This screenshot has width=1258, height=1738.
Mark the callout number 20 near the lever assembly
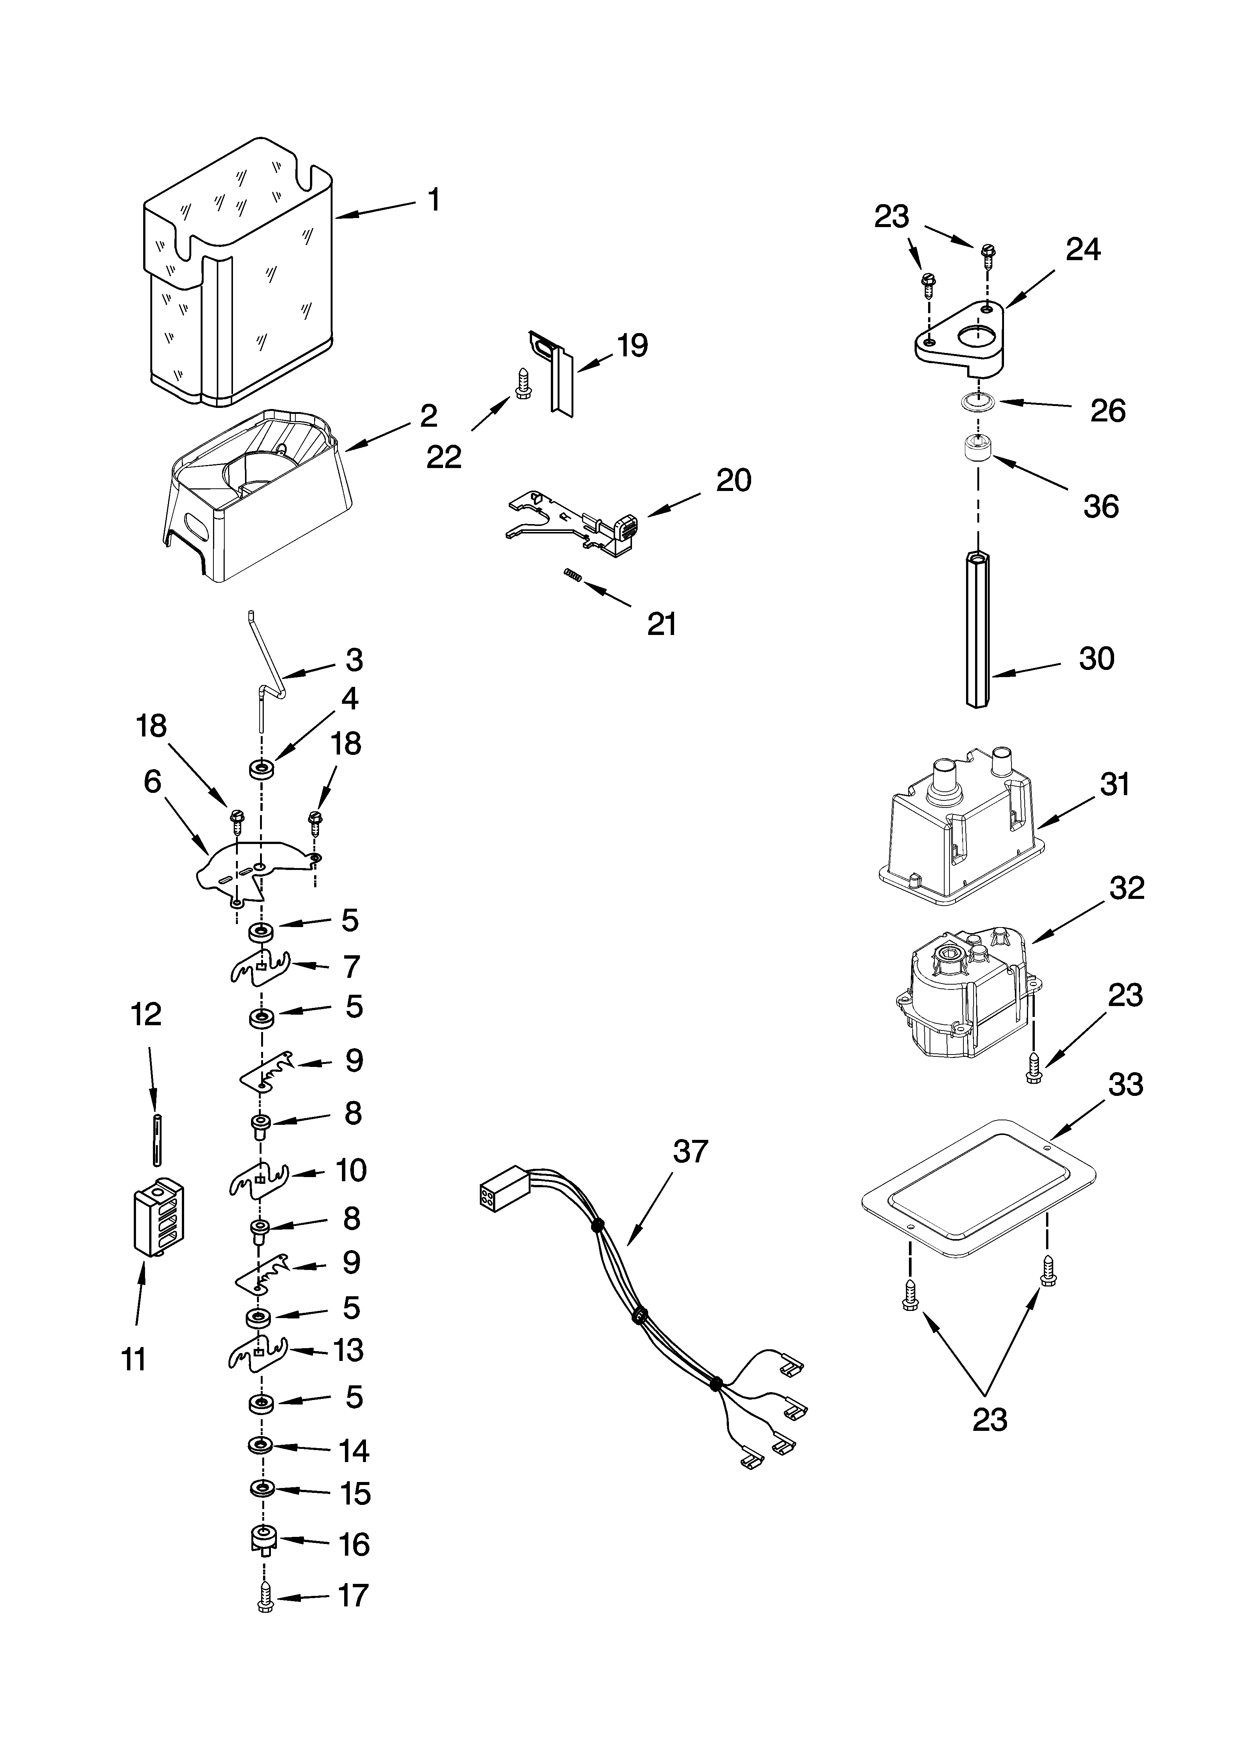pyautogui.click(x=733, y=480)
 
